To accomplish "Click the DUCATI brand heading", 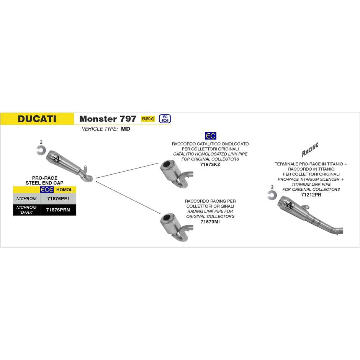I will [37, 119].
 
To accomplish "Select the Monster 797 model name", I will [108, 119].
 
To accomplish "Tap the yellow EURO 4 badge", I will [148, 119].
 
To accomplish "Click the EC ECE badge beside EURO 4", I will [165, 119].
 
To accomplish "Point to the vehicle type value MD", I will [126, 129].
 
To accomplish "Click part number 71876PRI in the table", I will [57, 199].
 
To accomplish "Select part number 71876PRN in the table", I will [58, 209].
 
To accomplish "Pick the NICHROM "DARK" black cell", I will [26, 209].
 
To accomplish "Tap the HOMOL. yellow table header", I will [65, 190].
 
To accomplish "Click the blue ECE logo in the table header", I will [47, 190].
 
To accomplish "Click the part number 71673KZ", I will [210, 164].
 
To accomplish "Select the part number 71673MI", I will [210, 222].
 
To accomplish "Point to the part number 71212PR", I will [311, 195].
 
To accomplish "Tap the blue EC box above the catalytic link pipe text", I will [210, 136].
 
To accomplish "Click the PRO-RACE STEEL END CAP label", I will [44, 181].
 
